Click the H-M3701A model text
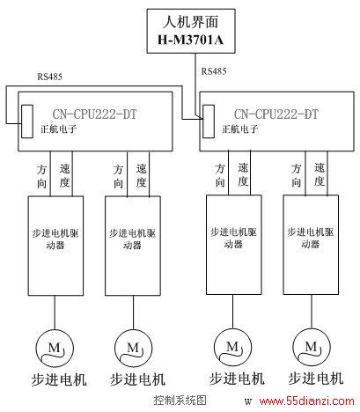pyautogui.click(x=191, y=40)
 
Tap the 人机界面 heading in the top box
pyautogui.click(x=191, y=22)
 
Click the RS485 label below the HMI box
pyautogui.click(x=214, y=71)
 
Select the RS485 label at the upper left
pyautogui.click(x=49, y=77)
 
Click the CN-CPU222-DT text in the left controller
pyautogui.click(x=95, y=114)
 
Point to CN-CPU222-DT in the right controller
pyautogui.click(x=276, y=114)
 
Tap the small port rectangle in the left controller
pyautogui.click(x=27, y=121)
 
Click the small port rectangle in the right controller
pyautogui.click(x=209, y=121)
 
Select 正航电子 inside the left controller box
pyautogui.click(x=59, y=129)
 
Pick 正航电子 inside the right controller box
pyautogui.click(x=240, y=129)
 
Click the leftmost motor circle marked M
pyautogui.click(x=55, y=349)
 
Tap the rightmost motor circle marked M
pyautogui.click(x=312, y=347)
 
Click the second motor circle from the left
pyautogui.click(x=134, y=349)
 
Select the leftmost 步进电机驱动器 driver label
pyautogui.click(x=55, y=239)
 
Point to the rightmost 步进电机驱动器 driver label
pyautogui.click(x=311, y=238)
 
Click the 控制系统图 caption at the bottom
pyautogui.click(x=180, y=401)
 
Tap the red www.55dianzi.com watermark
pyautogui.click(x=307, y=401)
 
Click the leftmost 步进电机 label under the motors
pyautogui.click(x=59, y=379)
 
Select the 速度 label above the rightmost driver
pyautogui.click(x=320, y=175)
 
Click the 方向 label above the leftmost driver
pyautogui.click(x=41, y=177)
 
